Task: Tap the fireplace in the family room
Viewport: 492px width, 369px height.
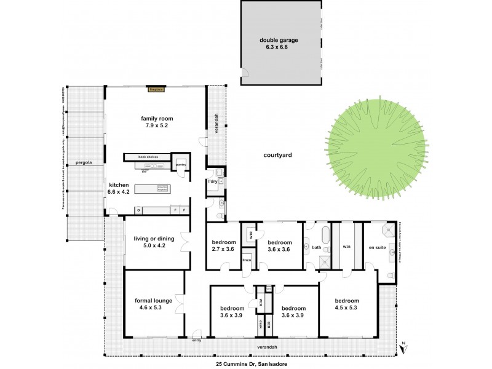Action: (156, 89)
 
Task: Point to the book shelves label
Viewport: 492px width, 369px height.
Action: (148, 157)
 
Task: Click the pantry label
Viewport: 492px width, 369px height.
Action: (181, 165)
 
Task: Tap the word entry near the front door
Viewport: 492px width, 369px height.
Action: (197, 340)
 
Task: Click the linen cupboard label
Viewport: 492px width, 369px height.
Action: (246, 260)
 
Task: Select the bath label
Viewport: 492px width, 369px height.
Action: (316, 248)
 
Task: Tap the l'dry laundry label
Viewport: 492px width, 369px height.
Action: (213, 182)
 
